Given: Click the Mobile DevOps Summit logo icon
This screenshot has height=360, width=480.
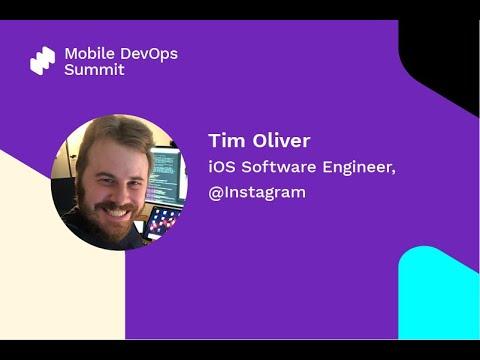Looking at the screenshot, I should coord(42,61).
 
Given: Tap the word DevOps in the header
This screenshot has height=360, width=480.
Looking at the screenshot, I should coord(146,52).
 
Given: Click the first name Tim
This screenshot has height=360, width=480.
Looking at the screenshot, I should coord(223,140).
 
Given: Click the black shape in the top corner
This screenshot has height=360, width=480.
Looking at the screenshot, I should coord(444,50).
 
